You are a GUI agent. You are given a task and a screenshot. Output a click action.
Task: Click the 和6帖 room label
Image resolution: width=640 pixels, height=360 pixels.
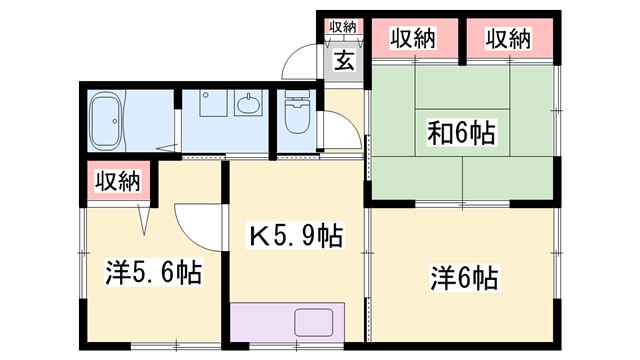tap(460, 132)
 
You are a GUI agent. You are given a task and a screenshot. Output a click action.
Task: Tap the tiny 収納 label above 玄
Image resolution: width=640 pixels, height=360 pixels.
tap(343, 27)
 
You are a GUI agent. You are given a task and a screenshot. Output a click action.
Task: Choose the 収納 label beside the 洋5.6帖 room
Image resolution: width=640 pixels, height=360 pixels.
tap(117, 182)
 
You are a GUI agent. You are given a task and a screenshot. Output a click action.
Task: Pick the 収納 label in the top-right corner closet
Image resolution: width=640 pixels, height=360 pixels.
tap(508, 39)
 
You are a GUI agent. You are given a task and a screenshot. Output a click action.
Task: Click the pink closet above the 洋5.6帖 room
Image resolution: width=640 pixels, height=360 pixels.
tap(117, 182)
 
